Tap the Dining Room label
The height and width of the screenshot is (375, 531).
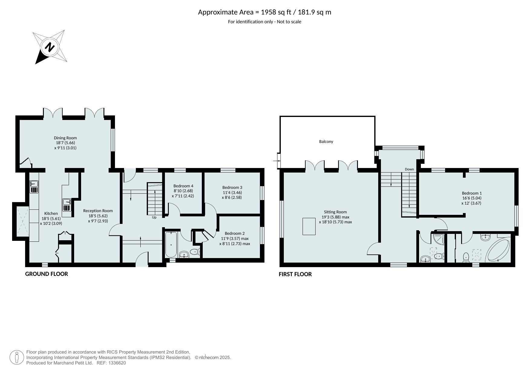pos(65,138)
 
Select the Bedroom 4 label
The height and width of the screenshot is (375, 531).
pos(183,186)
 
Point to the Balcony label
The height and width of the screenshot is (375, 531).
pos(326,141)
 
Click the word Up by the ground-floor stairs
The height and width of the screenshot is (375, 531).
pos(154,217)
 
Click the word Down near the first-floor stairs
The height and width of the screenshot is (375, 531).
pos(409,169)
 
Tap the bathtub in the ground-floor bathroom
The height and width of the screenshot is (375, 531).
pos(171,244)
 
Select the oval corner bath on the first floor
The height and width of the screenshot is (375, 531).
pos(498,250)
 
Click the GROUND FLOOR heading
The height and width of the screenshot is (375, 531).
pos(47,274)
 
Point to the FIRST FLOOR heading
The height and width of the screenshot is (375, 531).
pos(295,274)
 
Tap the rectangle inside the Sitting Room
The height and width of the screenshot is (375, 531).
pos(309,226)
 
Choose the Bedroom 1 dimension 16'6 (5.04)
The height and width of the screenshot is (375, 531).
pos(472,198)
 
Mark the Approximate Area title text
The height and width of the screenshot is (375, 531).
pos(264,12)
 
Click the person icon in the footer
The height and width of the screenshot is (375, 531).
pos(17,357)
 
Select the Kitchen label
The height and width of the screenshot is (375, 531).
pos(51,213)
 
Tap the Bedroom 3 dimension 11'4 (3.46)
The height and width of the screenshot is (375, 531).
pos(232,192)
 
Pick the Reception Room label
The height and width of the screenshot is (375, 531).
pos(98,211)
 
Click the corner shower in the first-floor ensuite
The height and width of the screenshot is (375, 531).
pos(439,240)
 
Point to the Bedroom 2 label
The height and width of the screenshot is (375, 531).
pos(235,233)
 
